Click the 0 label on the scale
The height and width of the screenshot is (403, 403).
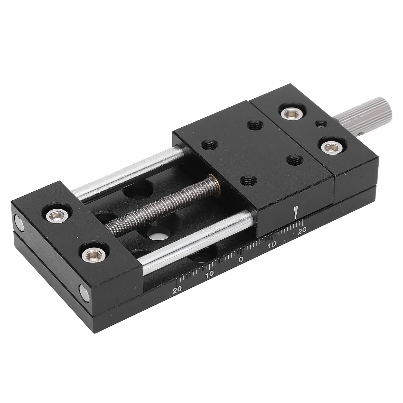(x=241, y=260)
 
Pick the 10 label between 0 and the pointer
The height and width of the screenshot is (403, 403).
(x=271, y=244)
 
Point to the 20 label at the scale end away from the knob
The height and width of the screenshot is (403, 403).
(x=177, y=289)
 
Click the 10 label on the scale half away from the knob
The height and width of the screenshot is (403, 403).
(x=209, y=274)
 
